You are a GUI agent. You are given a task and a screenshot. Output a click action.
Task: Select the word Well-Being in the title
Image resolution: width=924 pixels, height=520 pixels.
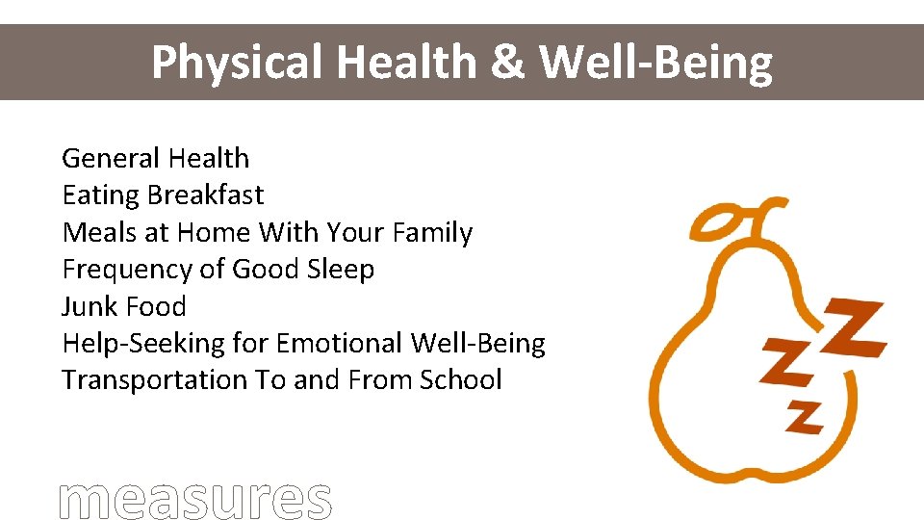[655, 63]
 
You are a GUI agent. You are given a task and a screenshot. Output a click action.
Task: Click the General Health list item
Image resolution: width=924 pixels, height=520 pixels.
[155, 158]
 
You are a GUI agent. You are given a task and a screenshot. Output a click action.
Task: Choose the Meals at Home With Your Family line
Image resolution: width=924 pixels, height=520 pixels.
[267, 233]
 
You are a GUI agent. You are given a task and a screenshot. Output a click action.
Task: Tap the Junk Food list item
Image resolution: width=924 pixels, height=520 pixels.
[123, 306]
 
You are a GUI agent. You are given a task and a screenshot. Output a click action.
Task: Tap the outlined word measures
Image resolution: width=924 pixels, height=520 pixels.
[195, 499]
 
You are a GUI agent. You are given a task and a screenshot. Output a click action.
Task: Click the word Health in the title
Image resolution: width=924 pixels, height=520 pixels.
[406, 63]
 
